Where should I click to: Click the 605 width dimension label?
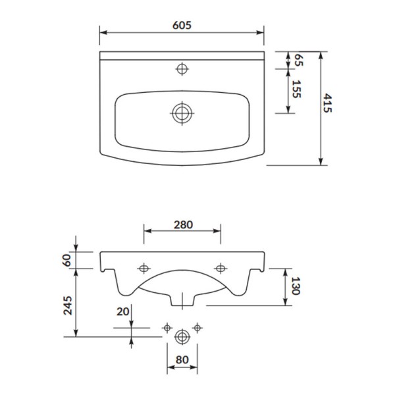pos(182,25)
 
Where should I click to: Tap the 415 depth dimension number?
pos(327,103)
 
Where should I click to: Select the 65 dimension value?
pos(299,60)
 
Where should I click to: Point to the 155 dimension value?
pos(296,89)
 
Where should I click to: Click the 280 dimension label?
pos(183,224)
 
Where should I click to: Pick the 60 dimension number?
pos(67,260)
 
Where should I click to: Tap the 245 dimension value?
pos(68,305)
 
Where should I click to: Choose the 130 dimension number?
pos(295,286)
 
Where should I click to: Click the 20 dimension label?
pos(122,311)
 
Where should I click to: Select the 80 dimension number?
pos(182,359)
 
